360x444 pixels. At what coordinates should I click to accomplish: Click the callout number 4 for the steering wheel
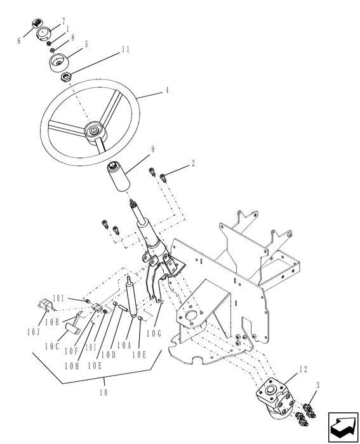tap(167, 91)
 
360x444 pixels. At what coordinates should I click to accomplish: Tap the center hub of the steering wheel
tap(93, 131)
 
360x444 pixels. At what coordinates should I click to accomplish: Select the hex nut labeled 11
tap(66, 77)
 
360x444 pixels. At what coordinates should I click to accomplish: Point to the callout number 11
tap(125, 49)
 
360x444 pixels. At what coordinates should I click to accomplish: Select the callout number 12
tap(303, 368)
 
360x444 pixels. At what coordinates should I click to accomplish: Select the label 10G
tap(154, 332)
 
